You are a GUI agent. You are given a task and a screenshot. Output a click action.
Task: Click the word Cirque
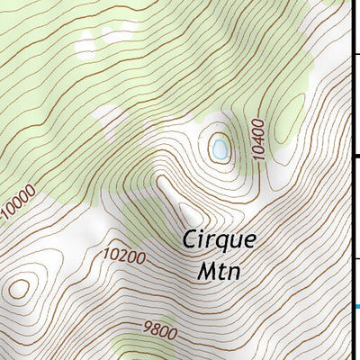219,241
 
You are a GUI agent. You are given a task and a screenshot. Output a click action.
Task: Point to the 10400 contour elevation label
259,139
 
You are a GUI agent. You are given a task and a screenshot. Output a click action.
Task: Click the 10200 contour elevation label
124,256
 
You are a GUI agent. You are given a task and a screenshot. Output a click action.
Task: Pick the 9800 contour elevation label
159,330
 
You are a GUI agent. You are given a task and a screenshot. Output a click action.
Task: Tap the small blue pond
219,149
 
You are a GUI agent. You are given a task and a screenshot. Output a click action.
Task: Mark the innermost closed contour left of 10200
18,289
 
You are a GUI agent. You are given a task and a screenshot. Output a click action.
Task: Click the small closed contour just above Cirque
190,214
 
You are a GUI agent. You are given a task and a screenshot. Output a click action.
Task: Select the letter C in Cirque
190,240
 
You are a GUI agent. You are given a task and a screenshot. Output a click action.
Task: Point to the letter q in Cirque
226,244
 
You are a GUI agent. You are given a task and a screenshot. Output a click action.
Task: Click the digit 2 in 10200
120,256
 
